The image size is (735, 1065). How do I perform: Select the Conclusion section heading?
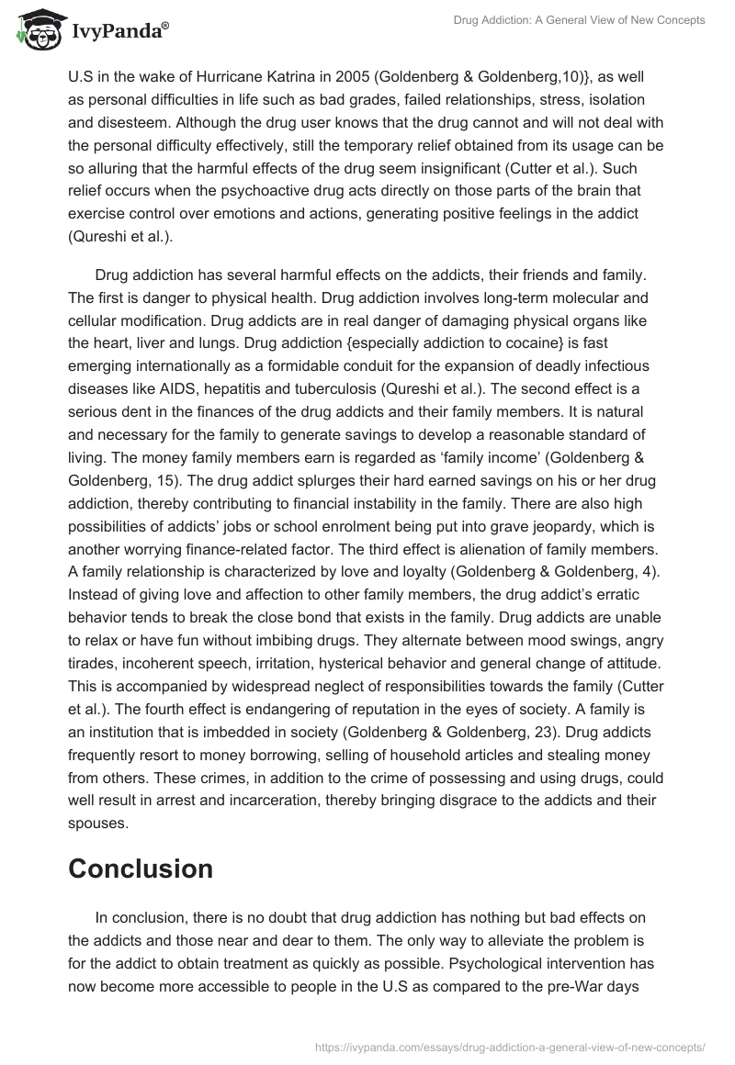pyautogui.click(x=141, y=869)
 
